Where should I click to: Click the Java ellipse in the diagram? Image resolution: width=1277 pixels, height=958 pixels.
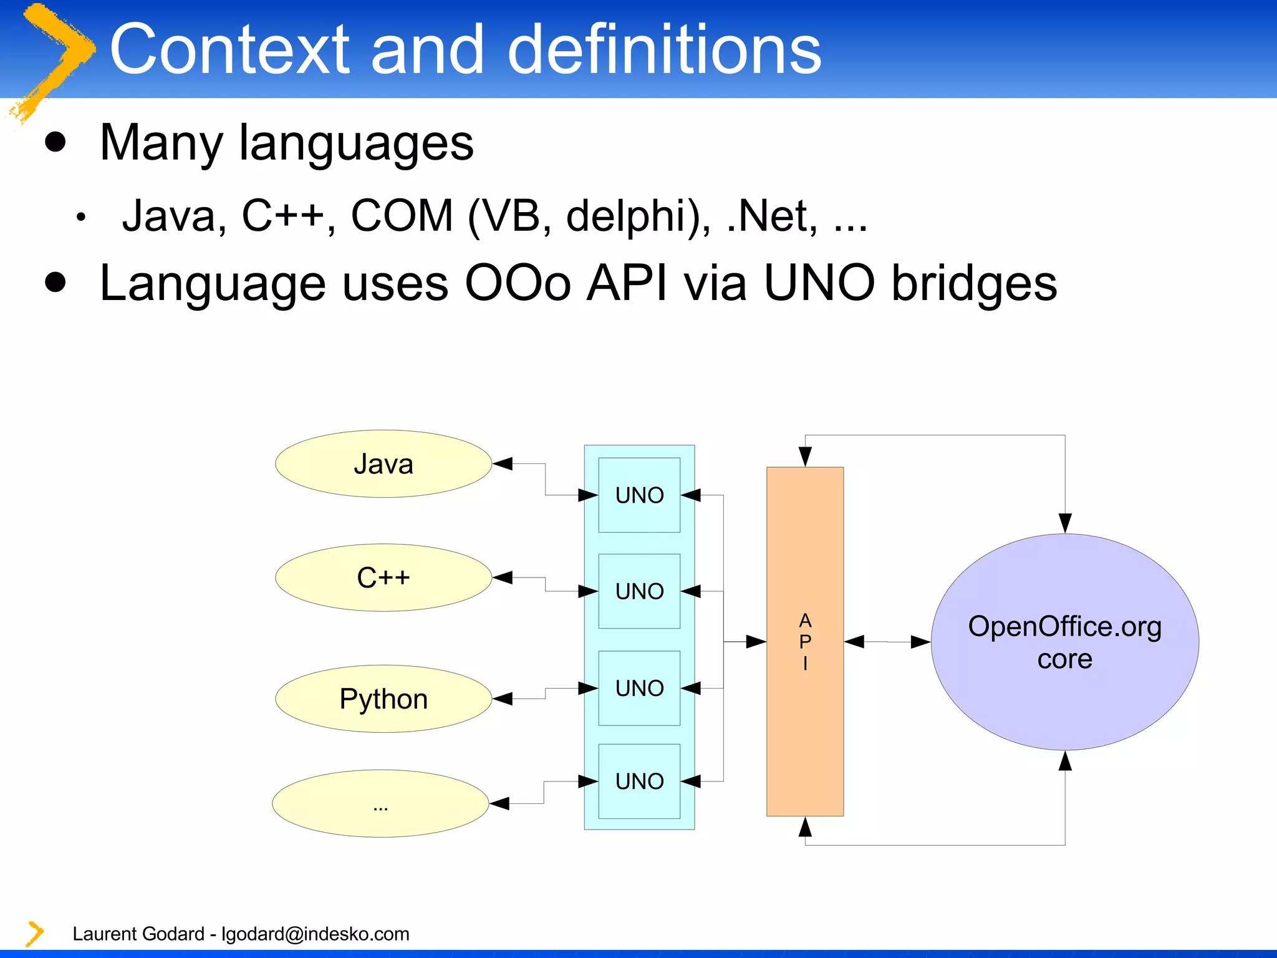(383, 464)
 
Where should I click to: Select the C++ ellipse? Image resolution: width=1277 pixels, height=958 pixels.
(383, 578)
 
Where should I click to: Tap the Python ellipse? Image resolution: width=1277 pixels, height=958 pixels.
(383, 699)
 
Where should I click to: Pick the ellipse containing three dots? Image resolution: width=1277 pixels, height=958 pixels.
(380, 803)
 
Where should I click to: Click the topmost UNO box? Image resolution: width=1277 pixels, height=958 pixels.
(639, 495)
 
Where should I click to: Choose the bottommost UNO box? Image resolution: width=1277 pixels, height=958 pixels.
(639, 781)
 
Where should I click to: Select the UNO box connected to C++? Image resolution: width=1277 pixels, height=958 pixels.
(639, 591)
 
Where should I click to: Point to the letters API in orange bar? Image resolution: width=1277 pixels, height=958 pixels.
(805, 641)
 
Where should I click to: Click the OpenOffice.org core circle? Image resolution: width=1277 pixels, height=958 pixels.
(1064, 642)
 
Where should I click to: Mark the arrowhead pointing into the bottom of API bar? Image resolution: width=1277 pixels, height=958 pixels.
(805, 826)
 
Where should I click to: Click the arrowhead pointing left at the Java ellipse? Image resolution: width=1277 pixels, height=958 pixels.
(503, 463)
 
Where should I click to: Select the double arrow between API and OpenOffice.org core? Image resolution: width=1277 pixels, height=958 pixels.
(887, 642)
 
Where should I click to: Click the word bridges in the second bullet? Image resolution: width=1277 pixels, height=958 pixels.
(973, 283)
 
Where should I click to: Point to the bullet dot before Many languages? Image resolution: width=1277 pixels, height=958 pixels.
(55, 142)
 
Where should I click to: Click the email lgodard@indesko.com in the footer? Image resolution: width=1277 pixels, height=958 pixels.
(316, 934)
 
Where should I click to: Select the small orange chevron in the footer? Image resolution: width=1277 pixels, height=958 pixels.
(35, 934)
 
